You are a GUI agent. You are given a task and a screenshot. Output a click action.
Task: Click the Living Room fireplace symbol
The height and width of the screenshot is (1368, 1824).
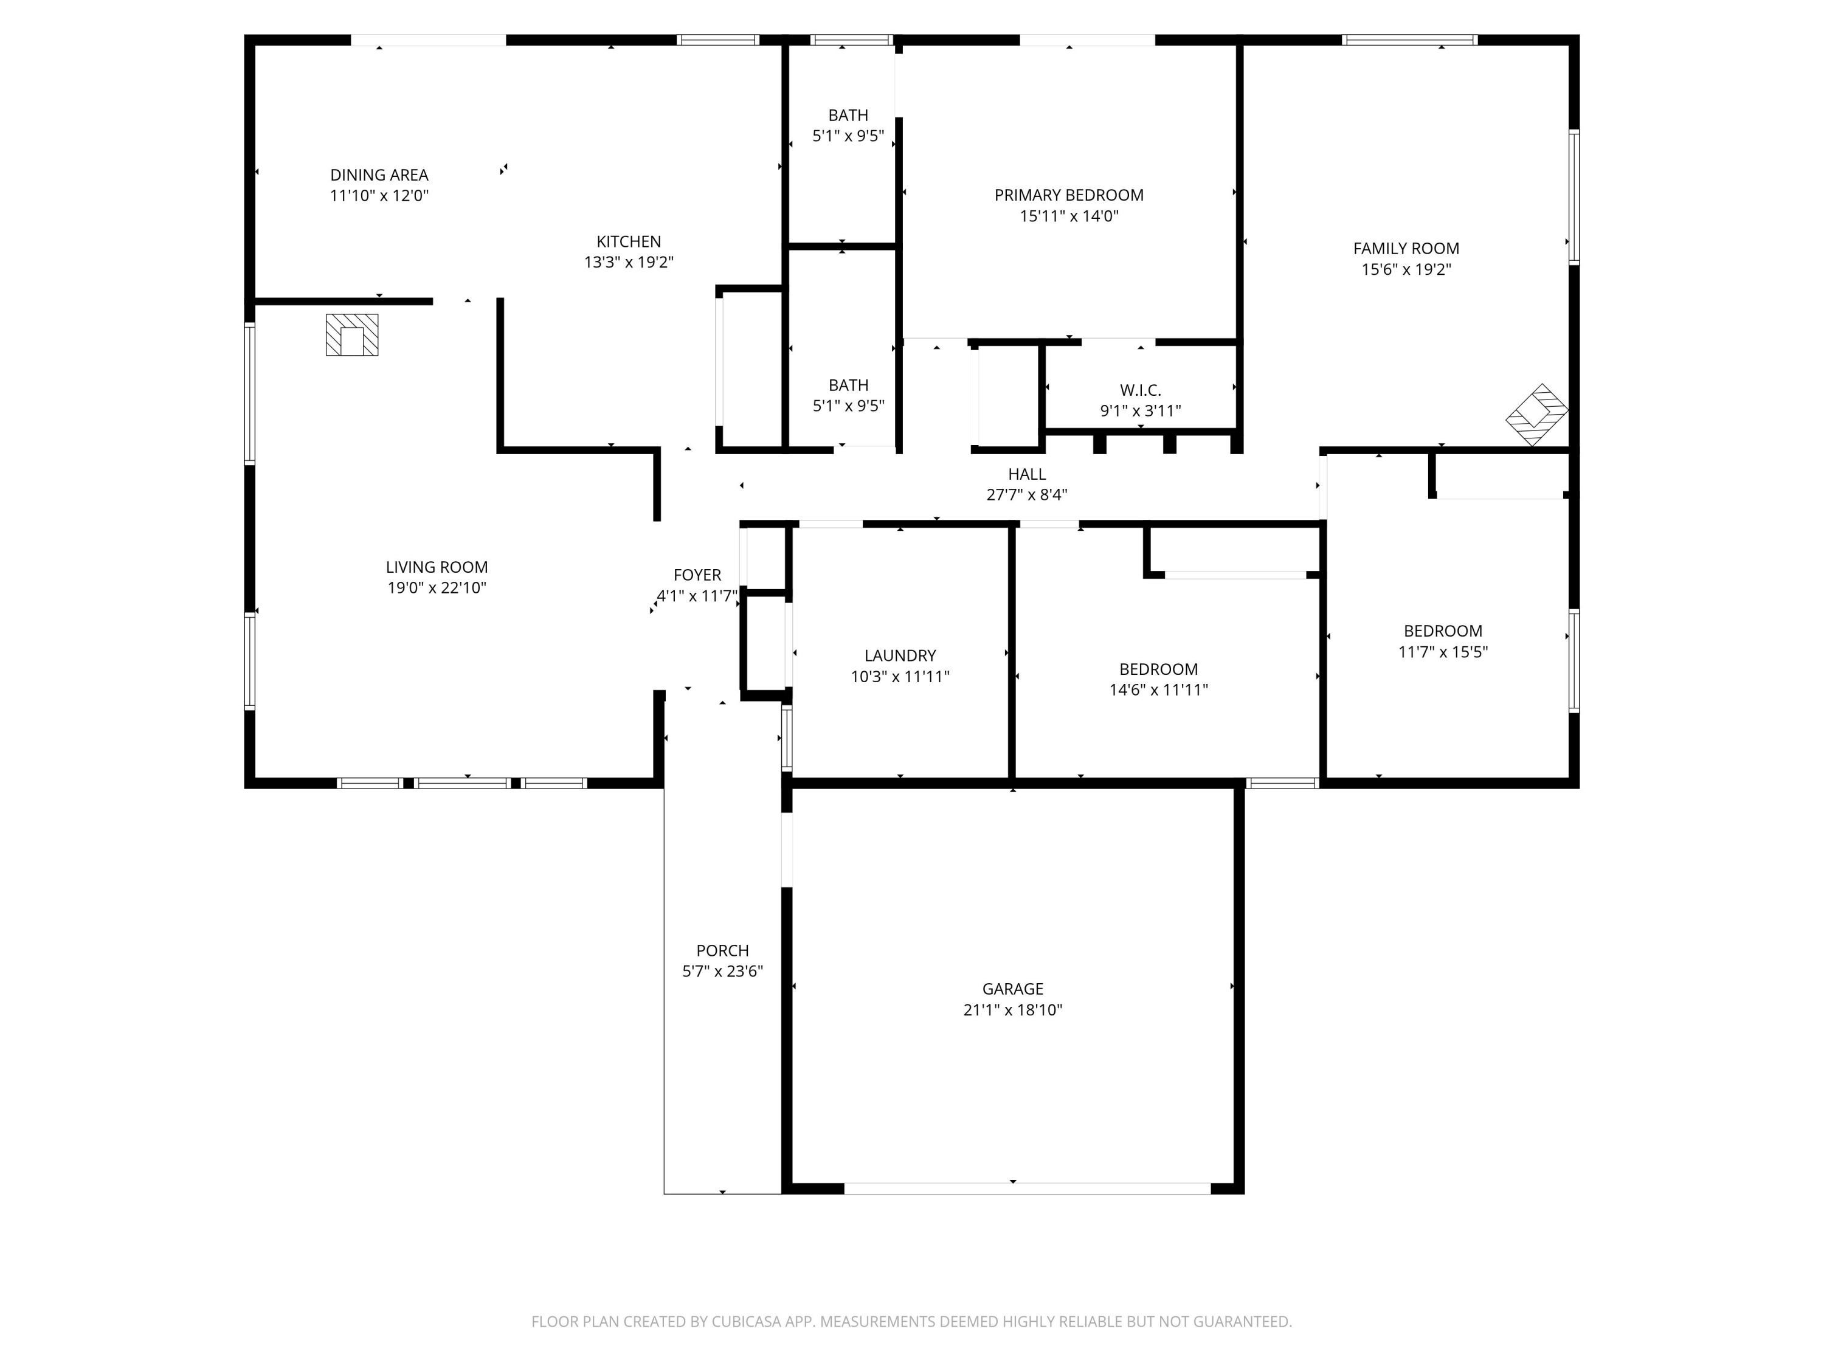click(x=352, y=335)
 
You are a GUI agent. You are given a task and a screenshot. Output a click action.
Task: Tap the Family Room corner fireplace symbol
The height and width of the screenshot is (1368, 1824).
click(x=1536, y=415)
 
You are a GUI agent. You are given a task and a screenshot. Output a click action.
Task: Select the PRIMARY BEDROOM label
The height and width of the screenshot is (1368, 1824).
click(x=1069, y=195)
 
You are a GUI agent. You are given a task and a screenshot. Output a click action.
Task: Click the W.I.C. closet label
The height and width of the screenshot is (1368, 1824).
click(x=1141, y=390)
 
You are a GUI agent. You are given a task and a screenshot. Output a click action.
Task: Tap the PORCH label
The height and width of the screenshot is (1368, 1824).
click(x=722, y=951)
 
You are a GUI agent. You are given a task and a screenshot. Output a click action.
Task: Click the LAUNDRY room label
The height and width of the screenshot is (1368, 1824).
click(x=900, y=655)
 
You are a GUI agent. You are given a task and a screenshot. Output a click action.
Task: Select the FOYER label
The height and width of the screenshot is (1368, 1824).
click(x=697, y=575)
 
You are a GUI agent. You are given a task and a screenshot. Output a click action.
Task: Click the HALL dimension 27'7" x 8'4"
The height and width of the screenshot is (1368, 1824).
click(x=1027, y=495)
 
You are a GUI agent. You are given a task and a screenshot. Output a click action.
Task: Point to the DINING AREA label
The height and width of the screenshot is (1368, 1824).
click(x=379, y=175)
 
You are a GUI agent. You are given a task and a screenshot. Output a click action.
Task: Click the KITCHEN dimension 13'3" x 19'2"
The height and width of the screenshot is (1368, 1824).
click(x=629, y=262)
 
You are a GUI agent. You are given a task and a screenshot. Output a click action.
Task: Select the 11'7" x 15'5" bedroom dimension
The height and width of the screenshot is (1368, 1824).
click(x=1443, y=651)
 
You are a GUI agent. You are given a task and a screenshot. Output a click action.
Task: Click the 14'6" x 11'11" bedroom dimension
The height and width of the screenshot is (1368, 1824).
click(x=1159, y=689)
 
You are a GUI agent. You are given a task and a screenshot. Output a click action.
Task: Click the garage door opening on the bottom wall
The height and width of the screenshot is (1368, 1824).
click(x=1028, y=1188)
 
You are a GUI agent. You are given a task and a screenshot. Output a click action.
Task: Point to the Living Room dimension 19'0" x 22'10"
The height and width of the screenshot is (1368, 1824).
click(x=437, y=588)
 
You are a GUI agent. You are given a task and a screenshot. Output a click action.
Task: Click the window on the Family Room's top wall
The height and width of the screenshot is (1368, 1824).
click(x=1409, y=40)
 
